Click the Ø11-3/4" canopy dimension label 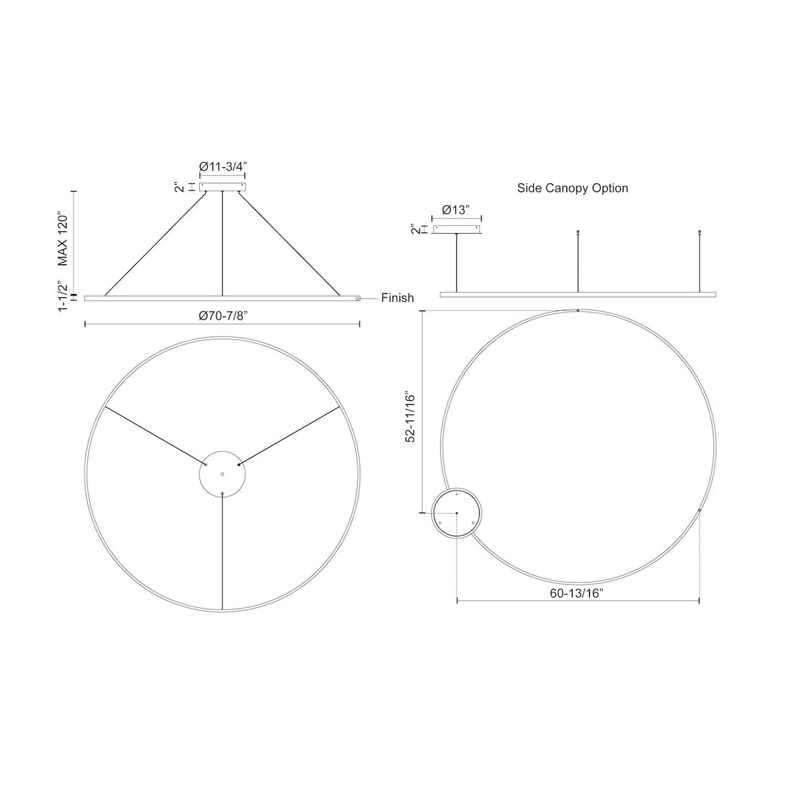click(223, 167)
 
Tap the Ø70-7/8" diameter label click(223, 316)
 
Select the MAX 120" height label click(62, 239)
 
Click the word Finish click(397, 298)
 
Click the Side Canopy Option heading click(573, 188)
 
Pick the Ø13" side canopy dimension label click(456, 210)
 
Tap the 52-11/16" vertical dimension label click(410, 418)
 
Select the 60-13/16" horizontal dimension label click(577, 594)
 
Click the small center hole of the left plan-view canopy click(222, 474)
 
